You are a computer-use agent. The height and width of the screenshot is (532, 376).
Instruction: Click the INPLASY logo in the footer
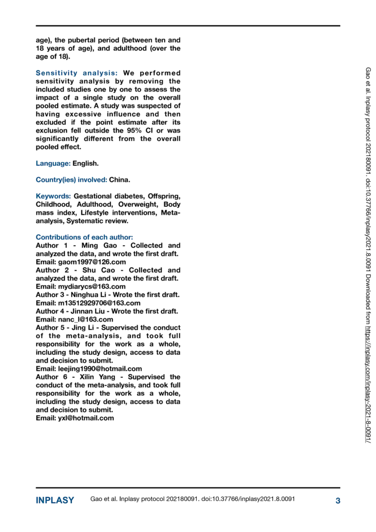click(55, 500)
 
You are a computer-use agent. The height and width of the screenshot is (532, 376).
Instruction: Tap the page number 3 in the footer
click(338, 500)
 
